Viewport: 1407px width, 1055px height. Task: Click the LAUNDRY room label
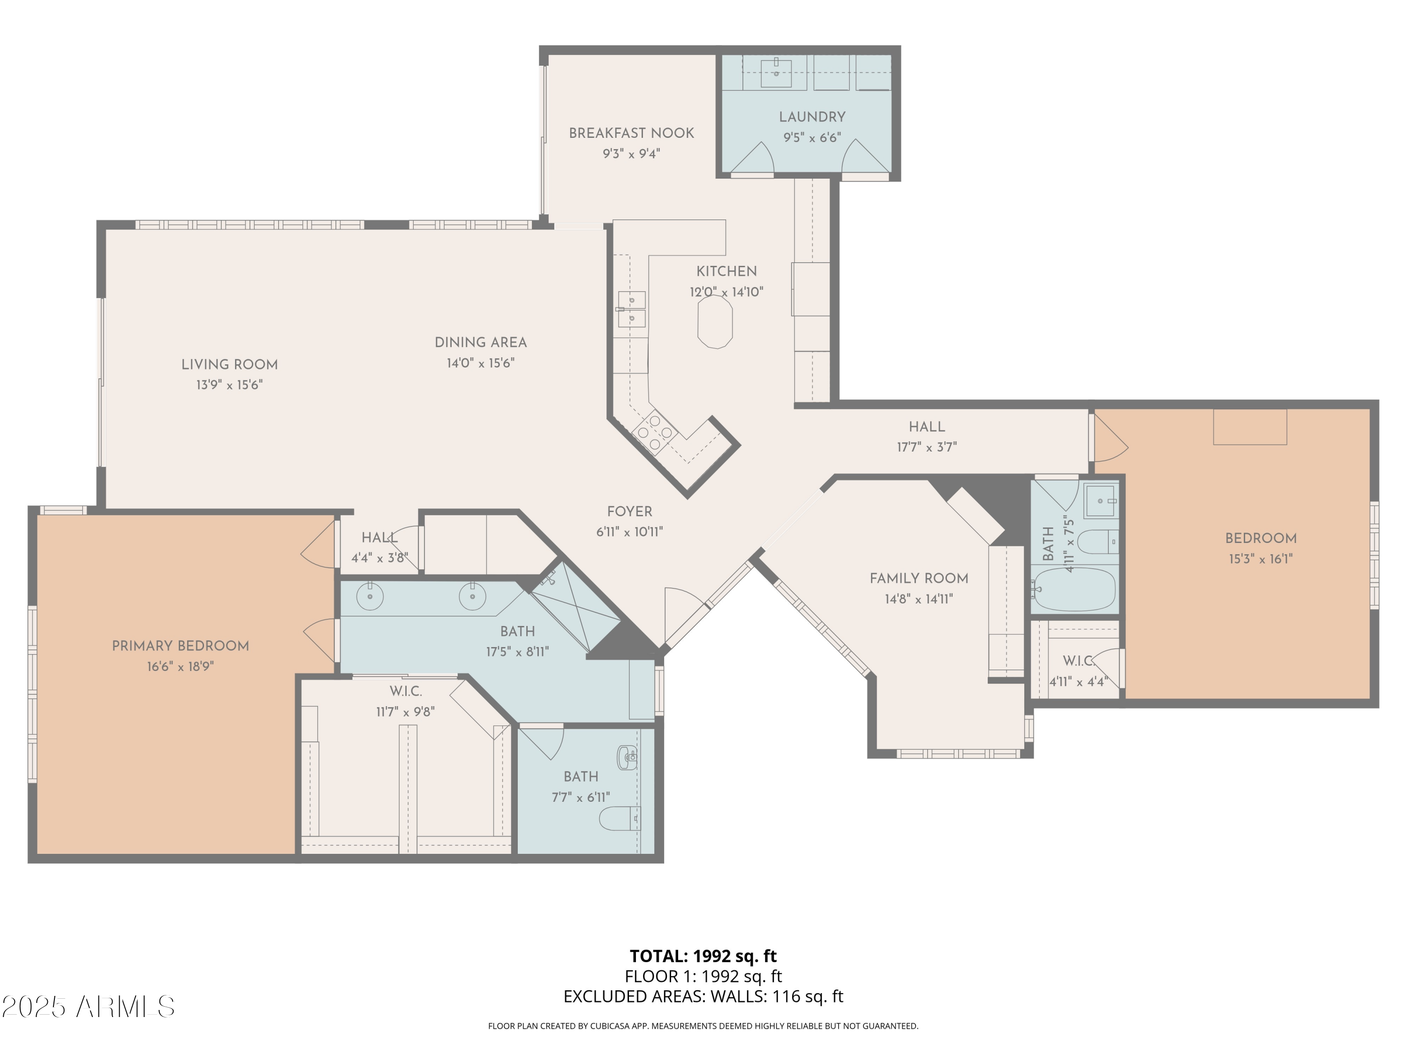tap(812, 117)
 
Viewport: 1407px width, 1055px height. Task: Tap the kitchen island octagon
tap(715, 322)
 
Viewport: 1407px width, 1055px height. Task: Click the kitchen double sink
tap(632, 309)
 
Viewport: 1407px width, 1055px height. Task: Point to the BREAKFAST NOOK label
tap(631, 133)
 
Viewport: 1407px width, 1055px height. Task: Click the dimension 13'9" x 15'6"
tap(229, 385)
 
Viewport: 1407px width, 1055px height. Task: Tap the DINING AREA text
tap(480, 342)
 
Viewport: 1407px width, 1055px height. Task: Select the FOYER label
tap(629, 511)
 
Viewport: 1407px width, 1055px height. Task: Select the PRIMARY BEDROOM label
tap(180, 646)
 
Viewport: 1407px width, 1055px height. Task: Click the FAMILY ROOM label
tap(918, 578)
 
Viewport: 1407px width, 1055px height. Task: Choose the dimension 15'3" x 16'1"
tap(1260, 559)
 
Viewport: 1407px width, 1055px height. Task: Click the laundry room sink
tap(776, 72)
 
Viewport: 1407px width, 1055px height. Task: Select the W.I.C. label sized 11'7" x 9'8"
tap(406, 691)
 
